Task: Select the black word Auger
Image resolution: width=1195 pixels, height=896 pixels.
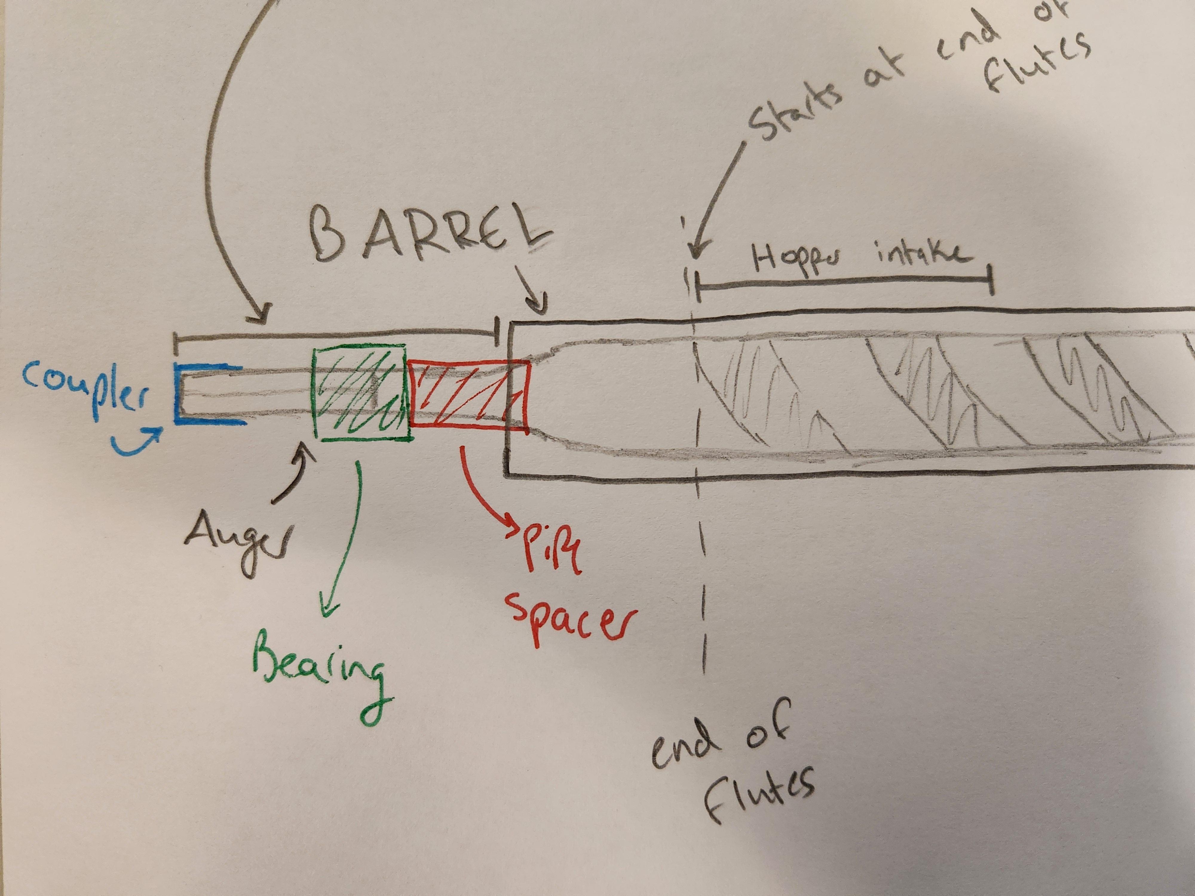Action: pyautogui.click(x=238, y=540)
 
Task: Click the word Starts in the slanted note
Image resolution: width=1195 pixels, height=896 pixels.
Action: pyautogui.click(x=794, y=111)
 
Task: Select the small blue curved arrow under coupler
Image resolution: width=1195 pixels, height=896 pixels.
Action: pyautogui.click(x=138, y=440)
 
